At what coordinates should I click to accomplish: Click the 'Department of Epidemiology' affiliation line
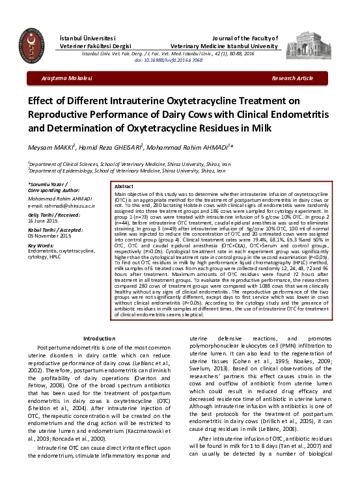[x=131, y=171]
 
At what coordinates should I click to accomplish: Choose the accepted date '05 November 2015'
[x=51, y=238]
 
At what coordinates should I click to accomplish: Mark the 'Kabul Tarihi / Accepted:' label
[x=57, y=231]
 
